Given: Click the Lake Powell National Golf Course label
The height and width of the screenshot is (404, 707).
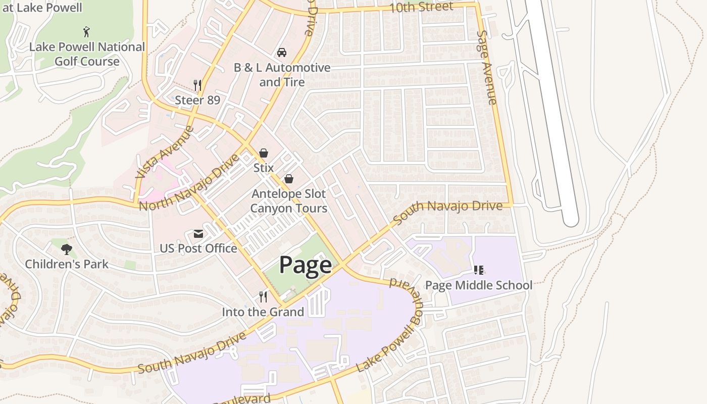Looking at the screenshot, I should click(87, 54).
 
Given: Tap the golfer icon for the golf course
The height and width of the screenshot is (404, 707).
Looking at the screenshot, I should click(87, 32).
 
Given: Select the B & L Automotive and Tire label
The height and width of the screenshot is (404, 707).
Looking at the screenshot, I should click(282, 75).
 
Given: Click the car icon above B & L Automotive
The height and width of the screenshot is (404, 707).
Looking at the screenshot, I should click(282, 53).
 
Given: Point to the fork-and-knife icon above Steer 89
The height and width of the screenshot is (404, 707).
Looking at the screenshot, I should click(197, 85).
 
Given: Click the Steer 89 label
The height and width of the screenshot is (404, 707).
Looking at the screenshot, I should click(197, 100).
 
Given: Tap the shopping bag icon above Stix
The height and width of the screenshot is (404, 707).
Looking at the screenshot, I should click(263, 153).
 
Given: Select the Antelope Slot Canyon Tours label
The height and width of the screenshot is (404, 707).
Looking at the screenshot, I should click(289, 201).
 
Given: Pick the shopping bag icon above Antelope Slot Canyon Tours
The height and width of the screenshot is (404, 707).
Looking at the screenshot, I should click(289, 178).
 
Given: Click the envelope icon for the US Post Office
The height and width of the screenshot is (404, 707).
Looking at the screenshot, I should click(198, 234).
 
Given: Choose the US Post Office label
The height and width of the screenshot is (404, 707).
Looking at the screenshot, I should click(198, 248).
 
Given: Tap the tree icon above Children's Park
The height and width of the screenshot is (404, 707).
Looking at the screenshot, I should click(66, 249).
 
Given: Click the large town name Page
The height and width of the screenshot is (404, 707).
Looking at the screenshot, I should click(306, 265).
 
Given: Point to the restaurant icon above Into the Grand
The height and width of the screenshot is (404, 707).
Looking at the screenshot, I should click(263, 296).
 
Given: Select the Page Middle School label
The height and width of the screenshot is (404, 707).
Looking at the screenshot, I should click(478, 285).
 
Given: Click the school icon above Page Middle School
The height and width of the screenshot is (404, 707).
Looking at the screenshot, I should click(478, 270).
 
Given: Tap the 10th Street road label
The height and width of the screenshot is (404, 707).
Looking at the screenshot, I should click(421, 8).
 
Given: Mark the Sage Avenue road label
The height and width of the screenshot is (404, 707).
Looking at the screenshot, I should click(487, 67).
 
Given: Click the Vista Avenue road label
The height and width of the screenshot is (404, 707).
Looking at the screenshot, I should click(165, 152).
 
